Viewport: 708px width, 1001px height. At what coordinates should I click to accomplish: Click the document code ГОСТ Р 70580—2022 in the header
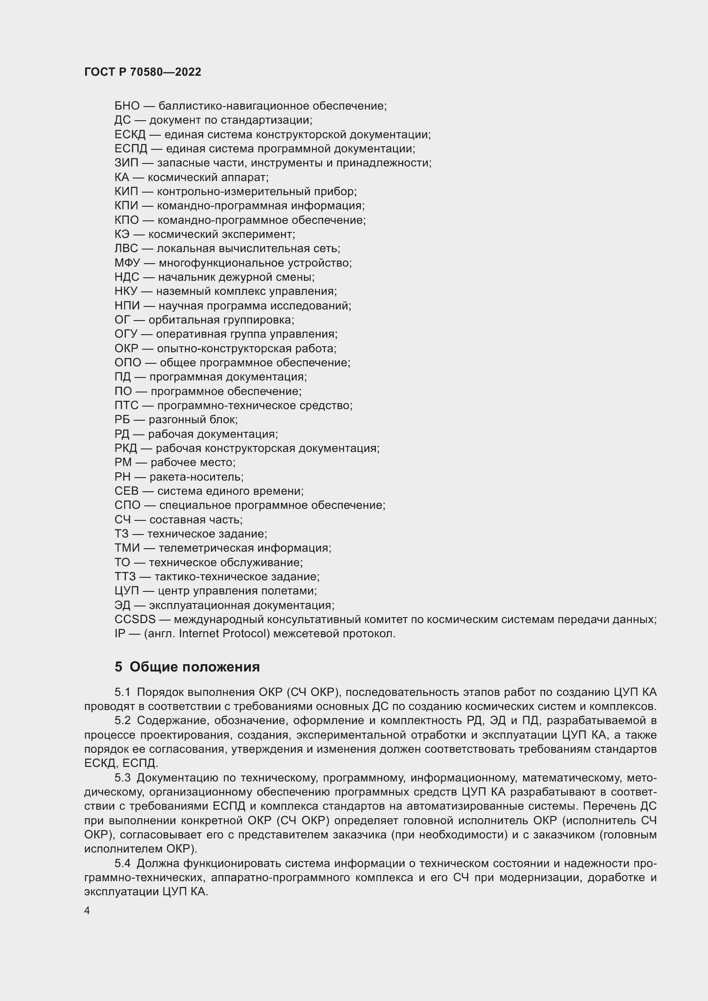[143, 72]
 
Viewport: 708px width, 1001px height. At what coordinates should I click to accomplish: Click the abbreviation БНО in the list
[127, 106]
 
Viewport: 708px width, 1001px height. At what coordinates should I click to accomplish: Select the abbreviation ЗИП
[126, 163]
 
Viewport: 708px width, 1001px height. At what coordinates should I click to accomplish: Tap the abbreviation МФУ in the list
[127, 263]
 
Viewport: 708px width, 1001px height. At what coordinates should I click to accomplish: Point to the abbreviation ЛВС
[126, 249]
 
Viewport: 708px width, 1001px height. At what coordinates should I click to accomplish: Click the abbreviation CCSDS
[135, 620]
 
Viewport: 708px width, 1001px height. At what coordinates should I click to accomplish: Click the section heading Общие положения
[194, 667]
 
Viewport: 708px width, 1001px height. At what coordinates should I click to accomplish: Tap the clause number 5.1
[122, 692]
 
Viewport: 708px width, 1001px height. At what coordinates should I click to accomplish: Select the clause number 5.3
[122, 778]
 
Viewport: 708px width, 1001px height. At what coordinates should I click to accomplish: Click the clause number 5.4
[122, 863]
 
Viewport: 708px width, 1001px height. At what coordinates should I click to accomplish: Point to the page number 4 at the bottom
[87, 911]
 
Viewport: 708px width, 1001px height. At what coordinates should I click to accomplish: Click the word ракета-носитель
[196, 477]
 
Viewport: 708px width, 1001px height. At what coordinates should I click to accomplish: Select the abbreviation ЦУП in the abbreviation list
[126, 591]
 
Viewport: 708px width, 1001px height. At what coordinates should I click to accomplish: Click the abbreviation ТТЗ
[125, 577]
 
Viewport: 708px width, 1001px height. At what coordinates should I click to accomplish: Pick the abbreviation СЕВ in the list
[126, 491]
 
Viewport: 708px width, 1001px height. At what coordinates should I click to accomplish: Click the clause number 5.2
[122, 721]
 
